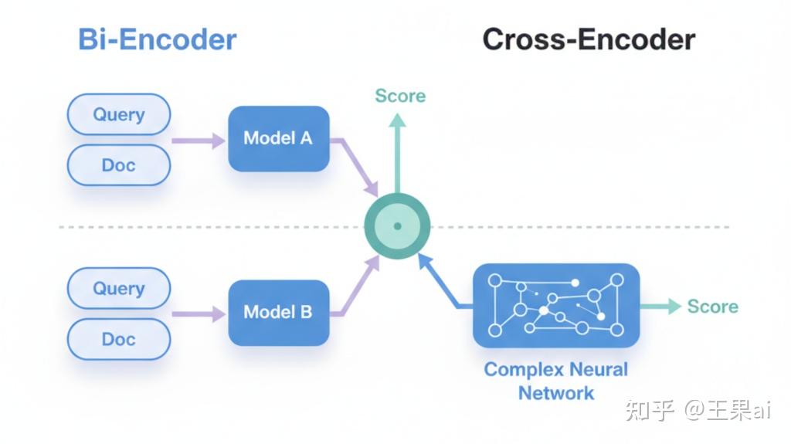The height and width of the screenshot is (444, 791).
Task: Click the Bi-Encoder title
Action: (158, 39)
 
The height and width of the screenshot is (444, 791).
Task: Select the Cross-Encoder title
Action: (589, 39)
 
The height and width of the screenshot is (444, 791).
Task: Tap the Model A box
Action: (279, 139)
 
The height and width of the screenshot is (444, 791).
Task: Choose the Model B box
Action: (279, 313)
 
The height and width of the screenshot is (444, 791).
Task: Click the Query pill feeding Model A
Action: (119, 114)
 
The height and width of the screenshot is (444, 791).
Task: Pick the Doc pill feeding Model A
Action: (119, 165)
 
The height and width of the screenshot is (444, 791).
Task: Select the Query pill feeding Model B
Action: (119, 288)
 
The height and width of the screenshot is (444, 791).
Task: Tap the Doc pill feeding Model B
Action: (119, 339)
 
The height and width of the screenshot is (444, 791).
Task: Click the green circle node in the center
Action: (398, 226)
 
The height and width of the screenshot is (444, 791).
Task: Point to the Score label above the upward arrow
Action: (401, 96)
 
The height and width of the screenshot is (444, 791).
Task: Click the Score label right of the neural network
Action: (713, 307)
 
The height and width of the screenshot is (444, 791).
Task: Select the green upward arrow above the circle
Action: (398, 154)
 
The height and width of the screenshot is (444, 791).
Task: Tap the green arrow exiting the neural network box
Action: (661, 307)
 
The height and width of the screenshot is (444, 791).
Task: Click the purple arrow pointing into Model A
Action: (199, 141)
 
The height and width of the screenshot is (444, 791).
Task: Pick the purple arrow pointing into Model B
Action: (199, 314)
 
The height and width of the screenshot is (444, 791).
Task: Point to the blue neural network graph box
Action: (556, 305)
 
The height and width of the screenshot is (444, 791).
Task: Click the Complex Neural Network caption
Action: (556, 381)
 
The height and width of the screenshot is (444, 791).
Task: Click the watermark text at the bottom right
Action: (698, 410)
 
